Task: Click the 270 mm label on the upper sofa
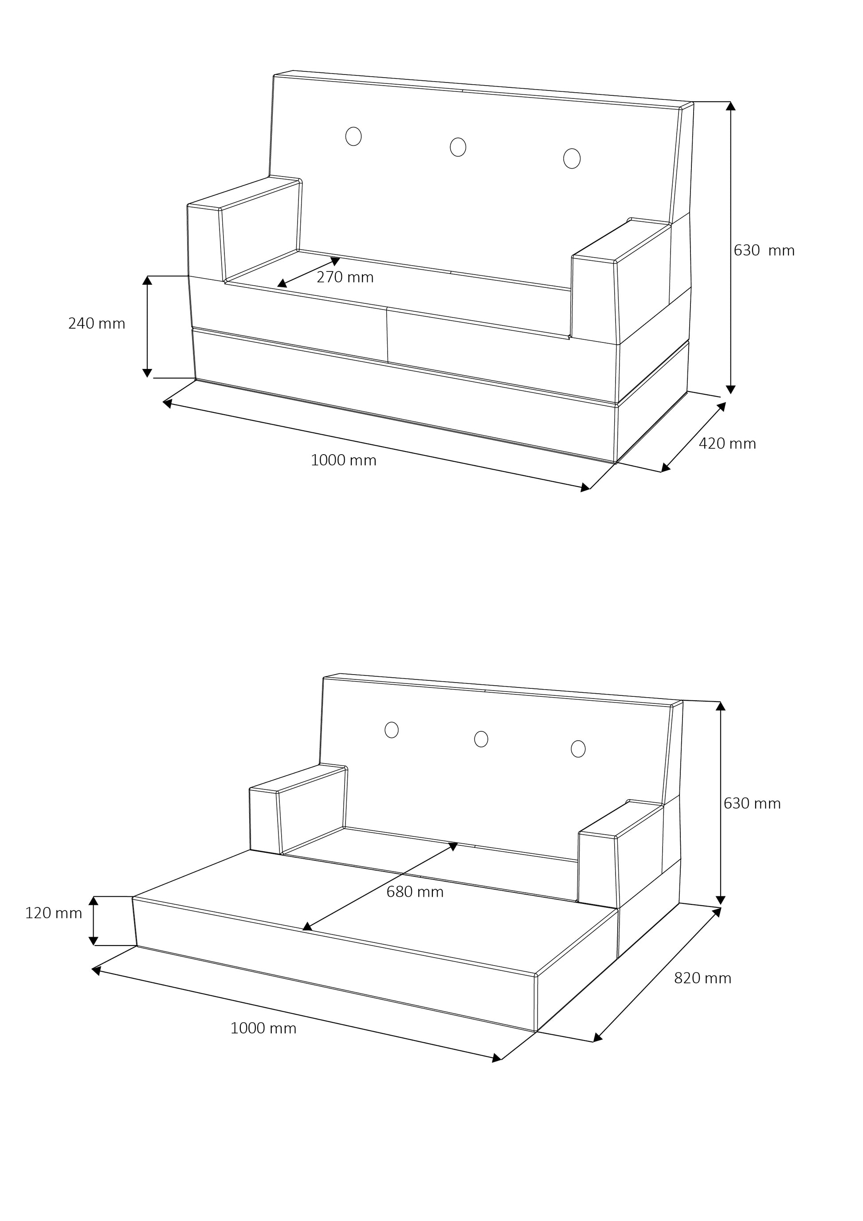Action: point(345,277)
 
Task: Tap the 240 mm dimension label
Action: point(97,323)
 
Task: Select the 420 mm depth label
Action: point(727,444)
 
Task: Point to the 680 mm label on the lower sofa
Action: point(415,892)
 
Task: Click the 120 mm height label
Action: point(54,913)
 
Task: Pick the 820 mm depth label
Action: point(702,978)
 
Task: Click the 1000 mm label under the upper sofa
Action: point(344,460)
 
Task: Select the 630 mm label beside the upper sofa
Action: point(764,251)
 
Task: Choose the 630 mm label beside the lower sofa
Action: point(752,803)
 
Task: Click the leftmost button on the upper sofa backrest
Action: point(353,137)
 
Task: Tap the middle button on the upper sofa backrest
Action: point(458,147)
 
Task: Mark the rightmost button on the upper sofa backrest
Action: point(572,158)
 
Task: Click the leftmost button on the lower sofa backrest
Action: point(391,730)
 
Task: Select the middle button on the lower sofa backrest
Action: point(481,739)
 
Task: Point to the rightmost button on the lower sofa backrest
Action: point(578,749)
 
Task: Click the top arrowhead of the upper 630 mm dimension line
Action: point(731,106)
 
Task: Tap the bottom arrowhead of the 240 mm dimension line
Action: point(147,373)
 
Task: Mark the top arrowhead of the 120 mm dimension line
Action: point(94,901)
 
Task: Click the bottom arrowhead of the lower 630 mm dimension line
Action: point(721,900)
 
